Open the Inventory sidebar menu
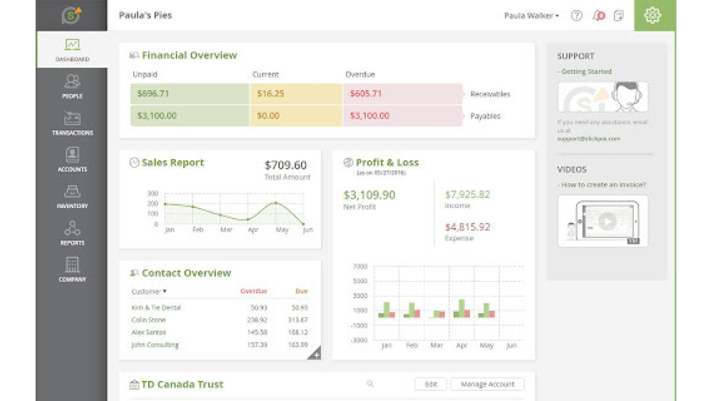[x=72, y=196]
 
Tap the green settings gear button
[x=652, y=15]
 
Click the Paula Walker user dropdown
[x=531, y=16]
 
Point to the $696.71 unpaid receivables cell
[x=189, y=94]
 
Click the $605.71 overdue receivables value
[x=366, y=94]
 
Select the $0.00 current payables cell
[x=268, y=115]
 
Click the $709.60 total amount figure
[x=286, y=165]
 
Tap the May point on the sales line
[x=276, y=203]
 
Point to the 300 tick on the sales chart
[x=152, y=193]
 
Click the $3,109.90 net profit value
[x=369, y=194]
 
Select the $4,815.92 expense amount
[x=467, y=227]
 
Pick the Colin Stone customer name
[x=149, y=321]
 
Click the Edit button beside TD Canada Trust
[x=431, y=385]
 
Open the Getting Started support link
[x=586, y=72]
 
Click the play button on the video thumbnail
[x=606, y=222]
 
